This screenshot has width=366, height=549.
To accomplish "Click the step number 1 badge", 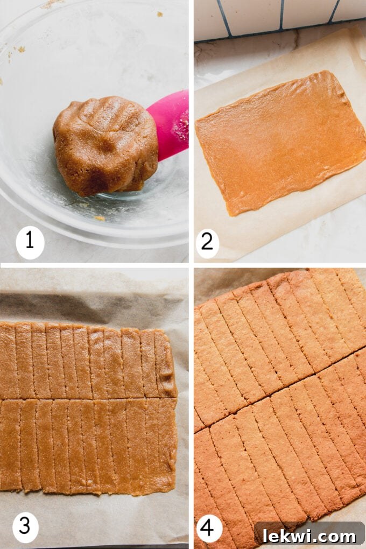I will point(30,242).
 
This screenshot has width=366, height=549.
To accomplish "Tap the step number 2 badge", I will point(207,243).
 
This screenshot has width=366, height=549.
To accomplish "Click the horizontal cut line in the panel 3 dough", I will point(86,399).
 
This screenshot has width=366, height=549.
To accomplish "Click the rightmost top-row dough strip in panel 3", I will point(166,363).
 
